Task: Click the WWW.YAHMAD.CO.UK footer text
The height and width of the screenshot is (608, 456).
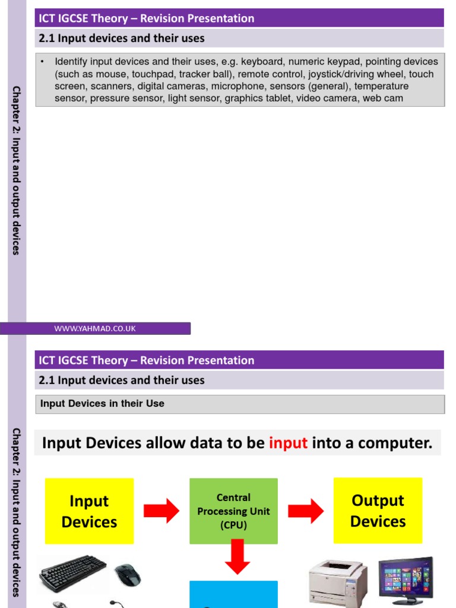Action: coord(95,328)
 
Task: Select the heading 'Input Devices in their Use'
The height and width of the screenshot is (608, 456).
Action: coord(102,404)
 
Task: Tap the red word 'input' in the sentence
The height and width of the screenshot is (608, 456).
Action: coord(288,443)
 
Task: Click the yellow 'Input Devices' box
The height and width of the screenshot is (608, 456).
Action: coord(89,511)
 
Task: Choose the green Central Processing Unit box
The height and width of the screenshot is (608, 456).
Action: coord(233,511)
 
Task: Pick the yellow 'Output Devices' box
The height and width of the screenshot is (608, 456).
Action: coord(378,511)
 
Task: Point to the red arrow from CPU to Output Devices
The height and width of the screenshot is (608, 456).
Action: coord(306,511)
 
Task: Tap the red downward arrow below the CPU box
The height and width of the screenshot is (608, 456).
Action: coord(237,557)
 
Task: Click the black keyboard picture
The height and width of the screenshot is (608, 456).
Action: coord(72,574)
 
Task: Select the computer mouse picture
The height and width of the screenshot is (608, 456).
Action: coord(128,574)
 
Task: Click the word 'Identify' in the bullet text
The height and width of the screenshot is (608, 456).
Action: coord(71,62)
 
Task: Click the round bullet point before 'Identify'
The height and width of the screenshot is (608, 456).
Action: coord(43,62)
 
